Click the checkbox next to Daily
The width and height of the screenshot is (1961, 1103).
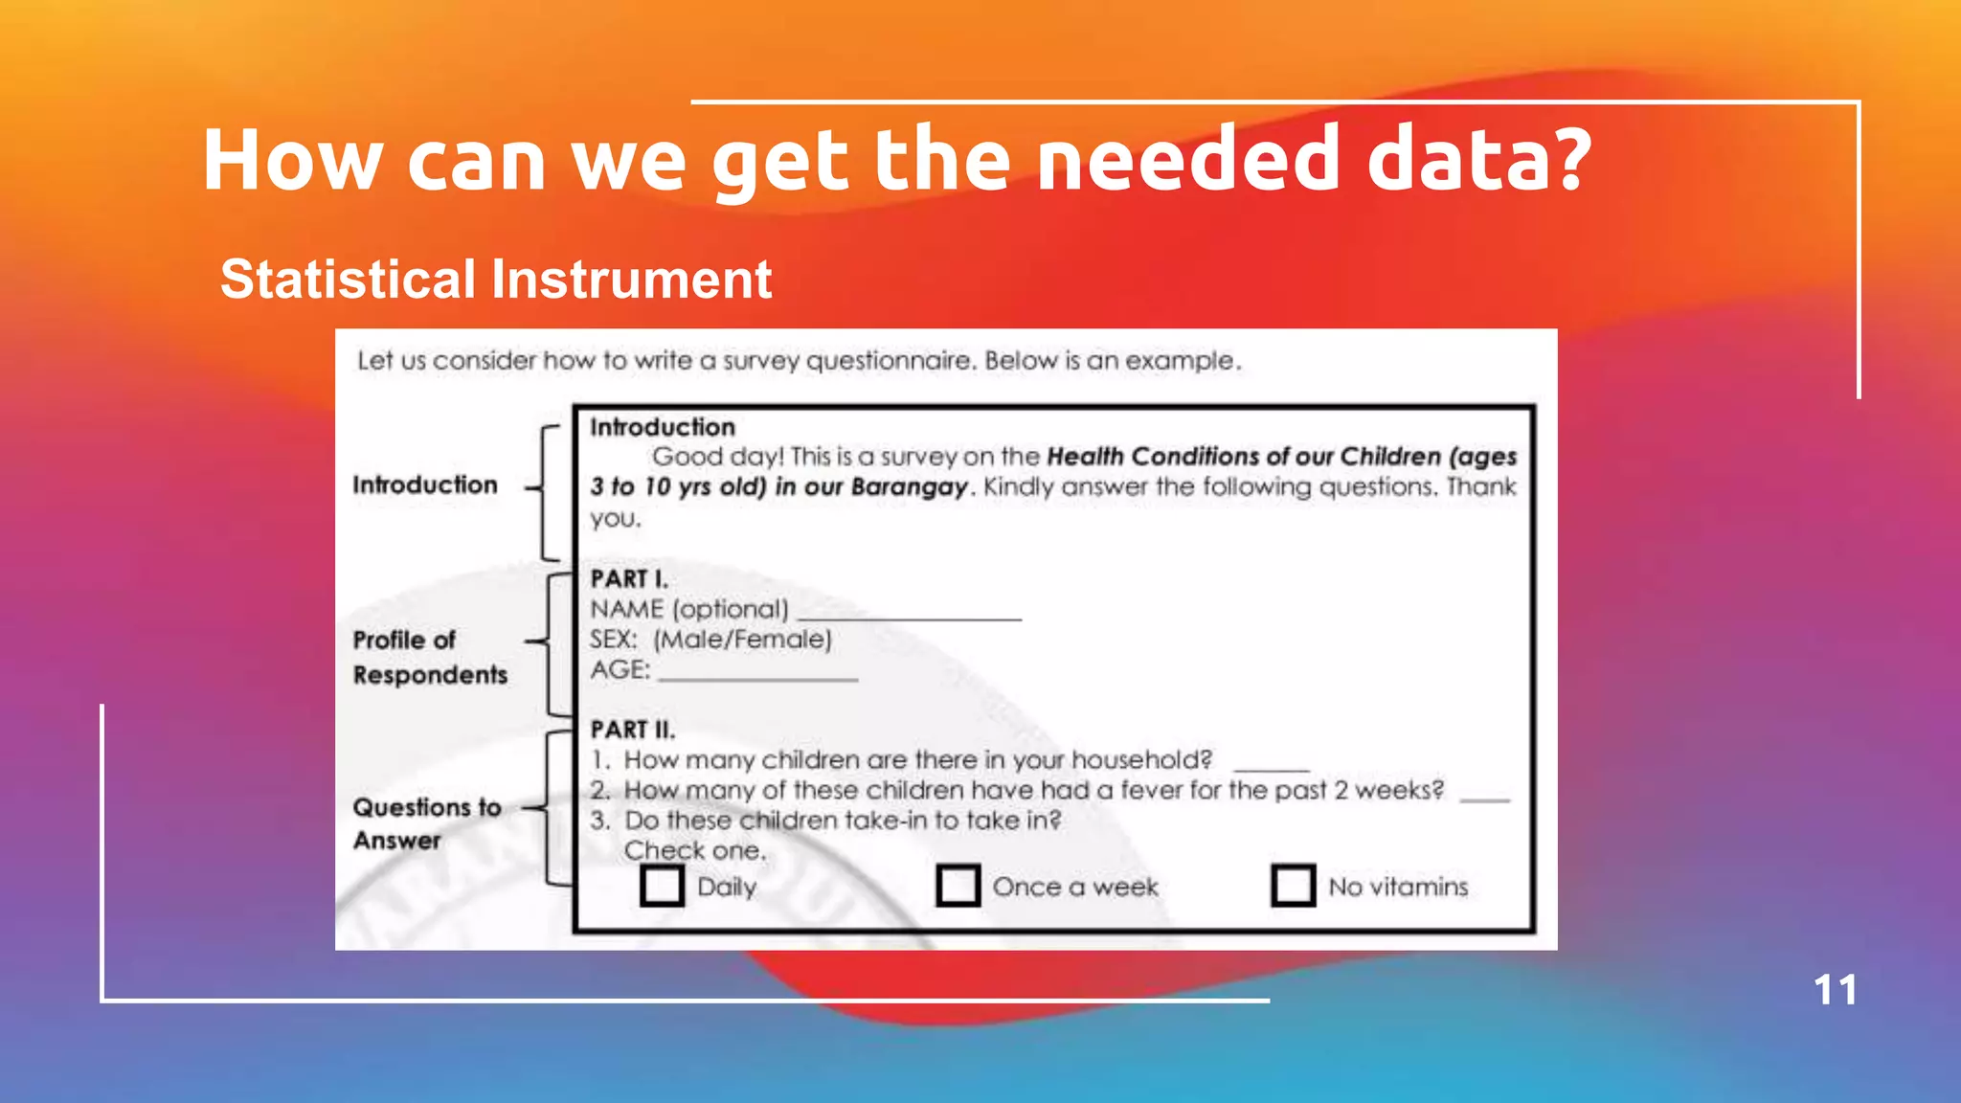coord(662,886)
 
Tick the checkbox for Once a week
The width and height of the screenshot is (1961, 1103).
coord(958,886)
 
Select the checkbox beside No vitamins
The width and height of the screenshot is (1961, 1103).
coord(1293,886)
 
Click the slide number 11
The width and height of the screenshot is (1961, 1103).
coord(1835,990)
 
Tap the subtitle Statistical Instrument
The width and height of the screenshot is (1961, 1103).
coord(496,280)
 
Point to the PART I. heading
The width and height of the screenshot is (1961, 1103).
coord(629,579)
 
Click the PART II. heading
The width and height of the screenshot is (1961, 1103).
coord(633,730)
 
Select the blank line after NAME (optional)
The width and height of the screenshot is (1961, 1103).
coord(910,616)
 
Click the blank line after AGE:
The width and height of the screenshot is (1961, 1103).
coord(758,676)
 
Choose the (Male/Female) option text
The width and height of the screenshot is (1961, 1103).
coord(743,640)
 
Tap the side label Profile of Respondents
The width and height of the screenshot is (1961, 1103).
coord(429,657)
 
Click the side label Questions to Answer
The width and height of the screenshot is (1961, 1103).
coord(426,823)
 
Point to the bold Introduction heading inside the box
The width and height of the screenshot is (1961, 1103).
coord(663,427)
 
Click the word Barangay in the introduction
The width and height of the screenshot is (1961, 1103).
coord(909,487)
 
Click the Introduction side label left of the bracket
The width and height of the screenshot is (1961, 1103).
coord(425,484)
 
